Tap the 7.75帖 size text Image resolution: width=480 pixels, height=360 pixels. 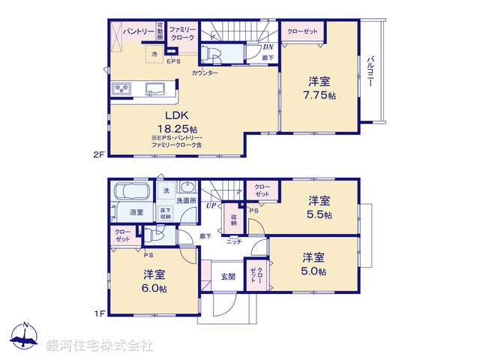(x=319, y=95)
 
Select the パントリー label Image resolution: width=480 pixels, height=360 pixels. (x=139, y=31)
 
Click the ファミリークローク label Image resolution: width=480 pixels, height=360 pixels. (x=181, y=33)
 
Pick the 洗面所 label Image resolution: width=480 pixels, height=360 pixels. (x=186, y=201)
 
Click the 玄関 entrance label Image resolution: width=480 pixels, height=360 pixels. (x=228, y=276)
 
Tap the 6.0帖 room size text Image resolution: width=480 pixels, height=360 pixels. (x=155, y=288)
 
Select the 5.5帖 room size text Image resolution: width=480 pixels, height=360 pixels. (x=319, y=214)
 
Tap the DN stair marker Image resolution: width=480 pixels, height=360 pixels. (x=268, y=47)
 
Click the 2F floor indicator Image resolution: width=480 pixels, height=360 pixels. (x=97, y=155)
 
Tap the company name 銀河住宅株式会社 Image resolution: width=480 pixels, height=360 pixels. (x=99, y=346)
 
